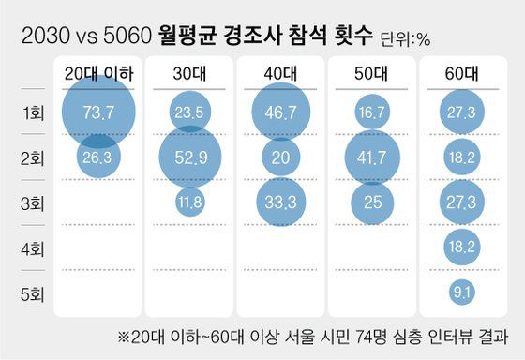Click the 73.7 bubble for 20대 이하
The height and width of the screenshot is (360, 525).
97,112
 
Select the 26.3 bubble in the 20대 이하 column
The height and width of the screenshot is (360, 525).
97,157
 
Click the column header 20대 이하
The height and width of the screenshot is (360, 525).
97,72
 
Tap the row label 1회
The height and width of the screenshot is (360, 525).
33,113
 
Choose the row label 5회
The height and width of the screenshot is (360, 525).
33,292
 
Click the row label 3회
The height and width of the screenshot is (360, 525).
33,202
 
